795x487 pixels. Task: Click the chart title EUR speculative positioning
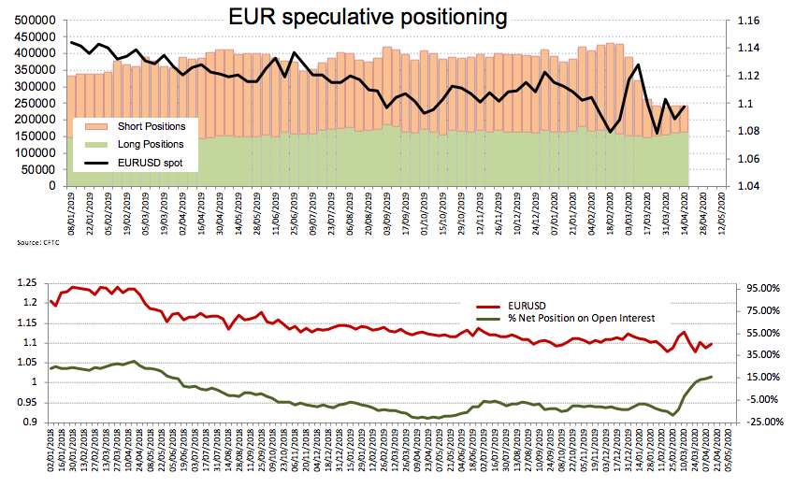369,17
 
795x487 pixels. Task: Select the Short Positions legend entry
151,126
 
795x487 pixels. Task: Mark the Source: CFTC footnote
36,242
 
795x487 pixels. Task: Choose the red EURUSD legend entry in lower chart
528,307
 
